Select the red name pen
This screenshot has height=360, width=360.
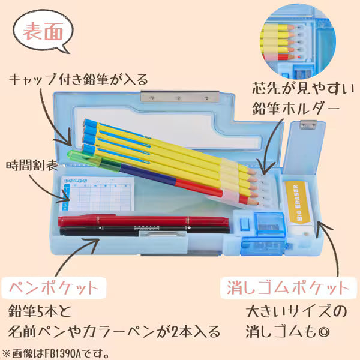(144, 220)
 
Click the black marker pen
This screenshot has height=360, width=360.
(144, 230)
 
